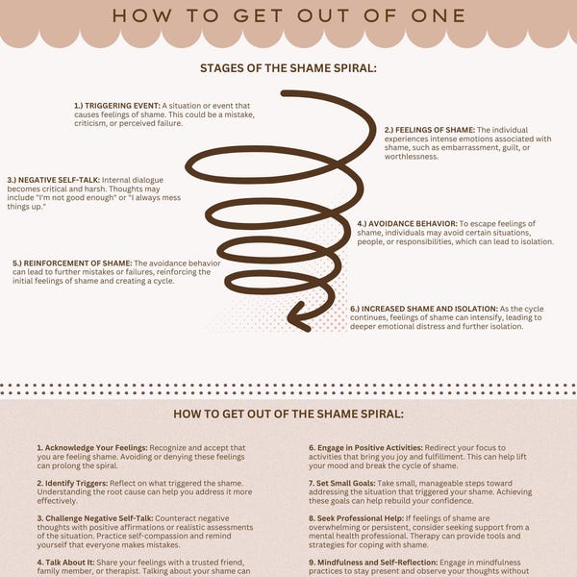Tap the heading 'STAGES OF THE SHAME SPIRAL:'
tap(288, 68)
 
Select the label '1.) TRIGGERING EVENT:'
tap(117, 106)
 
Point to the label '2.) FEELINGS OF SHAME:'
tap(430, 130)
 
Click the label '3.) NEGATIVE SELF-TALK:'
tap(53, 180)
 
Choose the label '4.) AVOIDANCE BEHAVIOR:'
tap(407, 224)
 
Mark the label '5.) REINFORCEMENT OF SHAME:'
tap(72, 263)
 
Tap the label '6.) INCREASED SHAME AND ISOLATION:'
tap(424, 309)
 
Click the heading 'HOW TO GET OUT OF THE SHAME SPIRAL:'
tap(288, 414)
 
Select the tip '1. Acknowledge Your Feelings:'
tap(92, 448)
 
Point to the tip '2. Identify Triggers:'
tap(72, 483)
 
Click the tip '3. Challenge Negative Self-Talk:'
tap(95, 518)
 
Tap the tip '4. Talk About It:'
tap(65, 563)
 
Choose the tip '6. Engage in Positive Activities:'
tap(365, 448)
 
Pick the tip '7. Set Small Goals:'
tap(341, 483)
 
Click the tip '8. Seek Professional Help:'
tap(356, 518)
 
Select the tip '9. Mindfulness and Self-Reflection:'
tap(373, 563)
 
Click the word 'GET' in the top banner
tap(259, 15)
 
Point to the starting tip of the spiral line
tap(284, 93)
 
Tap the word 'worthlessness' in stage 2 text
tap(411, 157)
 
